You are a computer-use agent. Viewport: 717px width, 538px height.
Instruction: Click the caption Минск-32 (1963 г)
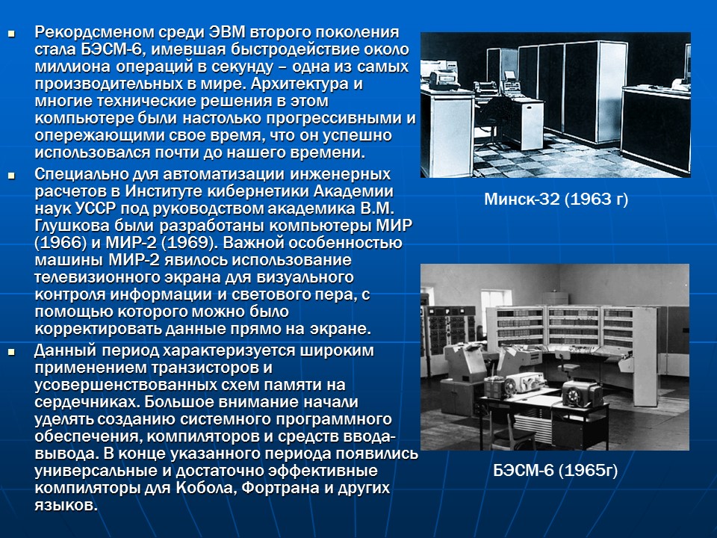(x=556, y=200)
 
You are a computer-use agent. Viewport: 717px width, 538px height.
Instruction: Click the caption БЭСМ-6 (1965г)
(x=555, y=471)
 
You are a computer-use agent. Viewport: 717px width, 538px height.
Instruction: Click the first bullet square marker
(x=11, y=34)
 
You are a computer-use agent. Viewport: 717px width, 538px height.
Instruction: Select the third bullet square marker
(x=11, y=352)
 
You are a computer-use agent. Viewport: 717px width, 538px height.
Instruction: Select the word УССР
(x=90, y=208)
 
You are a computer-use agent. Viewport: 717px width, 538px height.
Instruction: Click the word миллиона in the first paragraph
(x=68, y=67)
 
